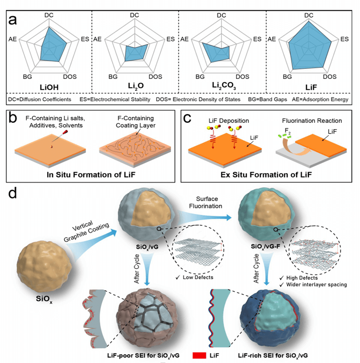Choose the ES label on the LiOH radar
[83, 39]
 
